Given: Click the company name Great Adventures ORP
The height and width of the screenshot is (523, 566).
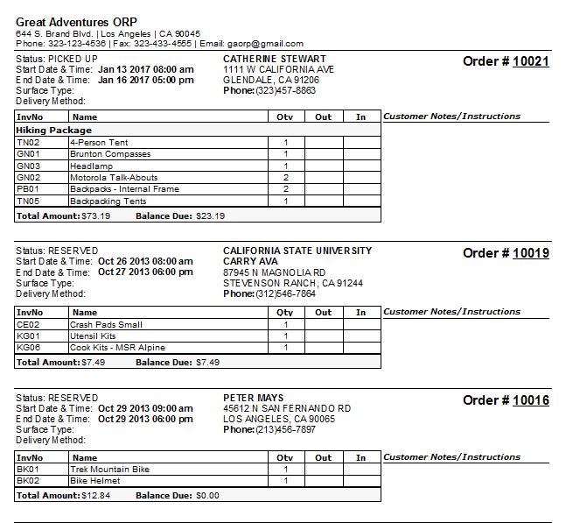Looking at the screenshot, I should click(76, 22).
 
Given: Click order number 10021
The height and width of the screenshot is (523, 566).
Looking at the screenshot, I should click(530, 61).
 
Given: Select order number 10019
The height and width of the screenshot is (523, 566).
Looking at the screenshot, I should click(530, 253).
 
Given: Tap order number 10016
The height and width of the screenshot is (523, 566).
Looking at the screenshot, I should click(530, 400).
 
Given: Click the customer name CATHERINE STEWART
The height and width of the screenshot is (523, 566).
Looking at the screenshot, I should click(275, 59).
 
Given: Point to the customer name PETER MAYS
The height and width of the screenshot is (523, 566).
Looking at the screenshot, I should click(254, 398).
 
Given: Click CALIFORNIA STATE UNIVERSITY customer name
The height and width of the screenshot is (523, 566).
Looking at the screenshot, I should click(297, 251).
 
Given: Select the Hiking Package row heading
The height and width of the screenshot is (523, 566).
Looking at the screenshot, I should click(53, 130).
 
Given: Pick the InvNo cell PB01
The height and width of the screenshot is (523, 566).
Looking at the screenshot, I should click(28, 189).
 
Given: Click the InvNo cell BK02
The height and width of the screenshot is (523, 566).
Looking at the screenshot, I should click(28, 481).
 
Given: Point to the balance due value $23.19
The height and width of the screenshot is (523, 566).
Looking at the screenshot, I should click(210, 216).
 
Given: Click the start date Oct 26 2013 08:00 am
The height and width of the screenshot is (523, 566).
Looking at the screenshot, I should click(145, 261).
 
